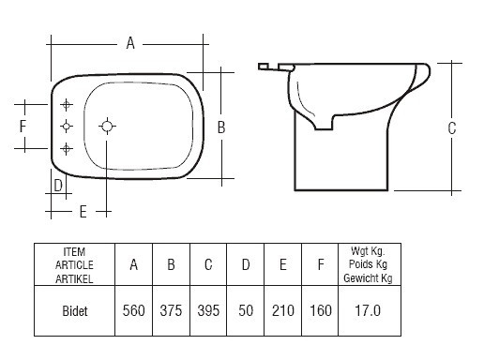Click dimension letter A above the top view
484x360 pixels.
130,43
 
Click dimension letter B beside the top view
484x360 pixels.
221,127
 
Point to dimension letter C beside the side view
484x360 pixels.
452,128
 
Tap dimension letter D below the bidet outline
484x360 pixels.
58,186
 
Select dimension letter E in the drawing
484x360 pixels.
83,212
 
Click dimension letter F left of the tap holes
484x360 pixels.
23,127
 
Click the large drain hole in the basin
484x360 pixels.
107,127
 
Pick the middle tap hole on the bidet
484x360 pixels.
67,127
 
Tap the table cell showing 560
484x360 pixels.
133,310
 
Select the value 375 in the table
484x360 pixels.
171,310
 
